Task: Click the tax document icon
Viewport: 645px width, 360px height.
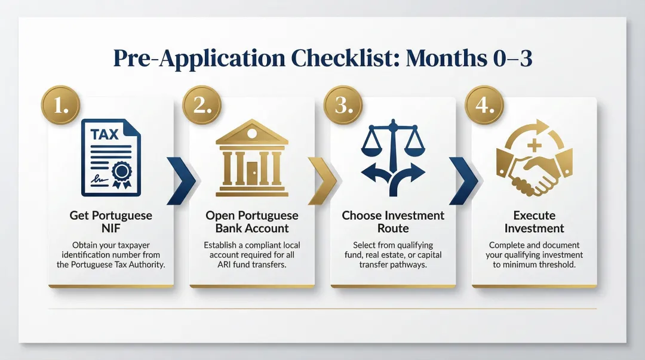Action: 111,158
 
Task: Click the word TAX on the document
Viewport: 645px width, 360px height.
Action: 105,134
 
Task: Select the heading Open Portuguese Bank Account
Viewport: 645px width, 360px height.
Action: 251,221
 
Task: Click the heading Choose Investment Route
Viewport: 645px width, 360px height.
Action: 393,221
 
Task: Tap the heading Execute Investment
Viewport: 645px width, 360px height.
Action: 534,221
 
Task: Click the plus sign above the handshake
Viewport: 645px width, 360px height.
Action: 535,145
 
